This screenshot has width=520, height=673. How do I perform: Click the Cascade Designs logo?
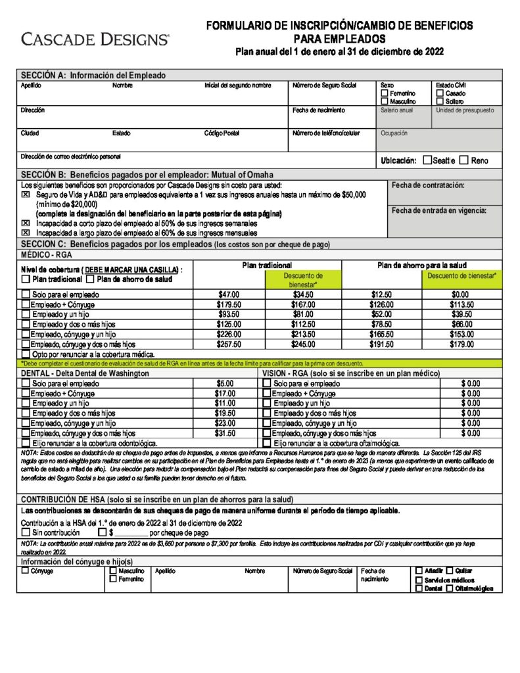tap(95, 39)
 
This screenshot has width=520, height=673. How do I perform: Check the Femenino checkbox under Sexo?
tap(385, 94)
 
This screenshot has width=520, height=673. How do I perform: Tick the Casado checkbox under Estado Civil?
tap(440, 94)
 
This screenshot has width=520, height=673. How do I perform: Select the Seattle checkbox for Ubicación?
tap(428, 160)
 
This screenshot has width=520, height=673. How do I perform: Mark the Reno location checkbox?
tap(464, 160)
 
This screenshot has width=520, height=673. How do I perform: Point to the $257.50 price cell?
tap(229, 344)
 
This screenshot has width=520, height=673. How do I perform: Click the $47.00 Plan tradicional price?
tap(229, 294)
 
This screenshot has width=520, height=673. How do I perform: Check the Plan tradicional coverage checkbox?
tap(26, 279)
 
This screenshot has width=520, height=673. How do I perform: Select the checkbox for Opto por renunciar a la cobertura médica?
tap(26, 354)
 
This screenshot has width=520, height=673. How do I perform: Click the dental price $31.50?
tap(225, 433)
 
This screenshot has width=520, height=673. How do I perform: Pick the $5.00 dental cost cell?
tap(225, 383)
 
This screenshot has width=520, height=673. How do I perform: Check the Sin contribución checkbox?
tap(26, 532)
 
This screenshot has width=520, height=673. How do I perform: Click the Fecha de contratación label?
tap(427, 185)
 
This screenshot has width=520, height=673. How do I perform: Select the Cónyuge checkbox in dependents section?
tap(26, 570)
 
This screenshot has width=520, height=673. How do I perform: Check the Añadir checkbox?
tap(419, 570)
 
